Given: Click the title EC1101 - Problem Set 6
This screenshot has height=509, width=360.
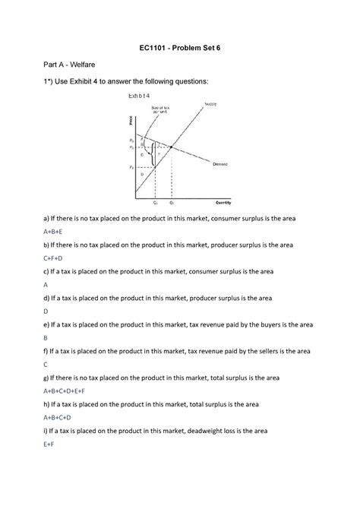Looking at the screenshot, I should click(x=179, y=48).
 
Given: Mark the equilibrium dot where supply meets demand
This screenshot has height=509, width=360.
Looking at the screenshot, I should click(x=172, y=146).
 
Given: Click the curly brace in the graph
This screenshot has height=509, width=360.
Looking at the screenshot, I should click(x=156, y=155).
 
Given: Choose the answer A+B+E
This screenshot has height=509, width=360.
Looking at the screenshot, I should click(x=53, y=231).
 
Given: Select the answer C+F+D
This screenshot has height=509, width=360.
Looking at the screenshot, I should click(x=53, y=258).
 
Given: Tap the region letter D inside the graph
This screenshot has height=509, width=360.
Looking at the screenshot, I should click(x=142, y=174).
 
